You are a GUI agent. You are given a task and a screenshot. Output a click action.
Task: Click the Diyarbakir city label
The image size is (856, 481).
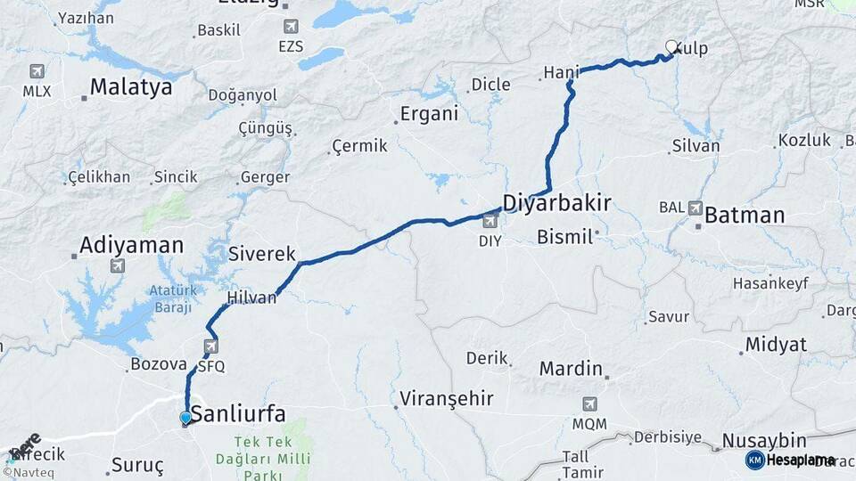click(x=556, y=203)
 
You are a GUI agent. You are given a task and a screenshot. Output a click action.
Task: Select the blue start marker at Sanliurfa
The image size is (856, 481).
click(x=185, y=418)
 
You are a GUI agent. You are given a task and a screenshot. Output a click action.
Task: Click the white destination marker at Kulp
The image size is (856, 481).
click(x=671, y=47)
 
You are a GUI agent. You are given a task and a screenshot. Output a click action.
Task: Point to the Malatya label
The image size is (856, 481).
click(x=131, y=87)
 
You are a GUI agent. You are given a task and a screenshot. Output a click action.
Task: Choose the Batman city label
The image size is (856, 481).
click(x=745, y=216)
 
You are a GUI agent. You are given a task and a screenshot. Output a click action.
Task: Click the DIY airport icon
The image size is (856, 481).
click(x=490, y=222)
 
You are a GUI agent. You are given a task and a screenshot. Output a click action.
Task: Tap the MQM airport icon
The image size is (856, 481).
click(x=589, y=404)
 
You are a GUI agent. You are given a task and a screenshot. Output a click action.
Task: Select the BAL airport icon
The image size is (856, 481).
click(x=695, y=208)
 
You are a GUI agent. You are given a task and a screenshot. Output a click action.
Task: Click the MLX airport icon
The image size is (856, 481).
click(x=37, y=71)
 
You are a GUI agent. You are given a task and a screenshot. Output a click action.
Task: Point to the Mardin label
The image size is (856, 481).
click(x=572, y=368)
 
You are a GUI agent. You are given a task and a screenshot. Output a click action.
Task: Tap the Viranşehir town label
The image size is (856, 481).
click(x=447, y=398)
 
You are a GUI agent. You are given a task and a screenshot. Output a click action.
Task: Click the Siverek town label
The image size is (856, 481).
click(x=262, y=254)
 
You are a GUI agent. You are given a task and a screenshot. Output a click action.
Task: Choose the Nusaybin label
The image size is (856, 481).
click(x=764, y=441)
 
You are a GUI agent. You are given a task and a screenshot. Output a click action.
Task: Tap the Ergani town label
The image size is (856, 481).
click(x=429, y=114)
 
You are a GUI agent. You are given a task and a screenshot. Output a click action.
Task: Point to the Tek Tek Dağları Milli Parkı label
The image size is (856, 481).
click(x=272, y=451)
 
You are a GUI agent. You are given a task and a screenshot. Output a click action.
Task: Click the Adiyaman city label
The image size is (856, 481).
click(x=131, y=245)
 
